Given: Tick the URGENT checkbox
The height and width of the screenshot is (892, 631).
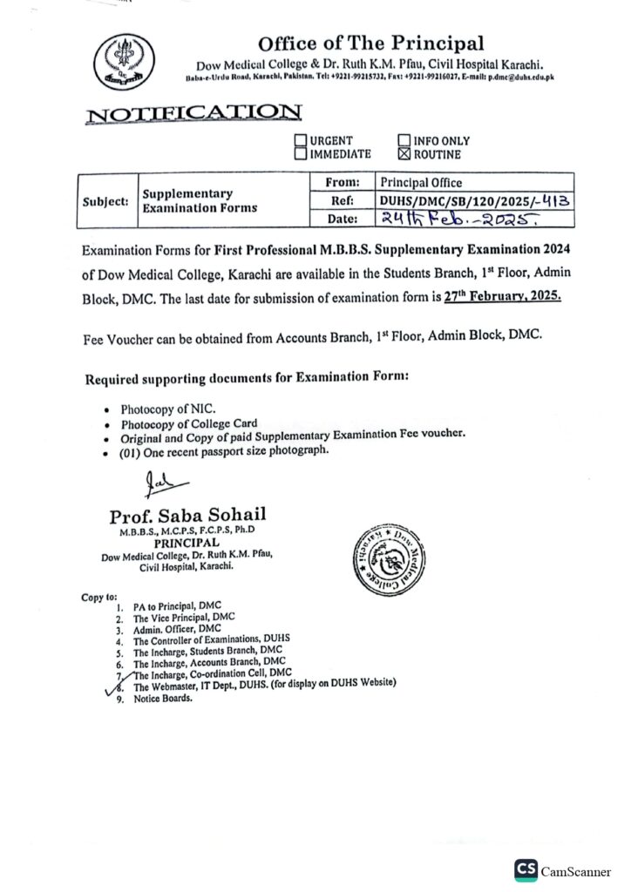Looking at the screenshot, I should (301, 140).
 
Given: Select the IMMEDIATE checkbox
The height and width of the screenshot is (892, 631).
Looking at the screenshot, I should (301, 154).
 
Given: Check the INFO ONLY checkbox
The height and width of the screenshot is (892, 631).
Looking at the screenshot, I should (404, 140).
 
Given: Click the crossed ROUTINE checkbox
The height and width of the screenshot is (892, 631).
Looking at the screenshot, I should (404, 154).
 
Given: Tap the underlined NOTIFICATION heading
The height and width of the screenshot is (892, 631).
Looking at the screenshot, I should (194, 112).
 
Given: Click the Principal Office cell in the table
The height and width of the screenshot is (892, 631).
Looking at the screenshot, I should (421, 183).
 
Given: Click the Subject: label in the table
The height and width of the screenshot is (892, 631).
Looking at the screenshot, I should (105, 201).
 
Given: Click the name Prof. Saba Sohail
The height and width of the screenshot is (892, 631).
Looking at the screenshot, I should (187, 514).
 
